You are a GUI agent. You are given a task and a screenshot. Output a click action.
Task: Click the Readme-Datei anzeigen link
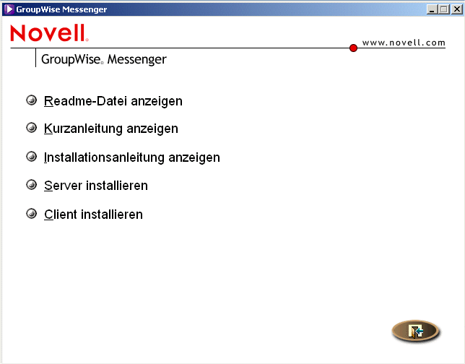(113, 101)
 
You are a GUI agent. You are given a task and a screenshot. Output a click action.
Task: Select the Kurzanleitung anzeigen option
(110, 129)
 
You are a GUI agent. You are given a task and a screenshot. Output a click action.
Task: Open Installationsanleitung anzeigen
(131, 157)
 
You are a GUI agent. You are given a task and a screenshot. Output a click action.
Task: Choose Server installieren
(95, 186)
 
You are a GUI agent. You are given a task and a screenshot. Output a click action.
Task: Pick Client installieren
(93, 214)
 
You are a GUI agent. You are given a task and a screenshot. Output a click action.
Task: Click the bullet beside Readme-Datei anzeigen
(31, 100)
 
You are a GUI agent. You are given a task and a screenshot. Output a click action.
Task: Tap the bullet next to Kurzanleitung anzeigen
(31, 128)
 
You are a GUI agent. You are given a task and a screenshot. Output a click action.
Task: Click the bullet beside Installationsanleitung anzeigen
(31, 156)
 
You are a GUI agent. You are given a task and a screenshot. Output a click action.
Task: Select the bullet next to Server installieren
(31, 185)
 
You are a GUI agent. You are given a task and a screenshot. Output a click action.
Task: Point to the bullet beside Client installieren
(31, 214)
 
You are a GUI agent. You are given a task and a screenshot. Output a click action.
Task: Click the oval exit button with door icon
(415, 331)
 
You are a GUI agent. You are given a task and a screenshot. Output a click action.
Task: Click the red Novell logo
(49, 35)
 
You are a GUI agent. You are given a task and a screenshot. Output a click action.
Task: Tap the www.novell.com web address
(404, 43)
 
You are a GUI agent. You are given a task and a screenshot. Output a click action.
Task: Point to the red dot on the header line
(353, 48)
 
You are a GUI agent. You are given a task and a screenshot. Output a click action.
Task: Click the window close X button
(456, 9)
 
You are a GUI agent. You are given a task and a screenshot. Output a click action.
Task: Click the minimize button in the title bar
(432, 9)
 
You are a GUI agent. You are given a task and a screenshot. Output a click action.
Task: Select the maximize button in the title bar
(443, 9)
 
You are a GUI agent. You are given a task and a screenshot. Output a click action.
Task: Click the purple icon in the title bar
(9, 9)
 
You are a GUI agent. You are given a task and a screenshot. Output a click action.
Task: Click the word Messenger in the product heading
(136, 59)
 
